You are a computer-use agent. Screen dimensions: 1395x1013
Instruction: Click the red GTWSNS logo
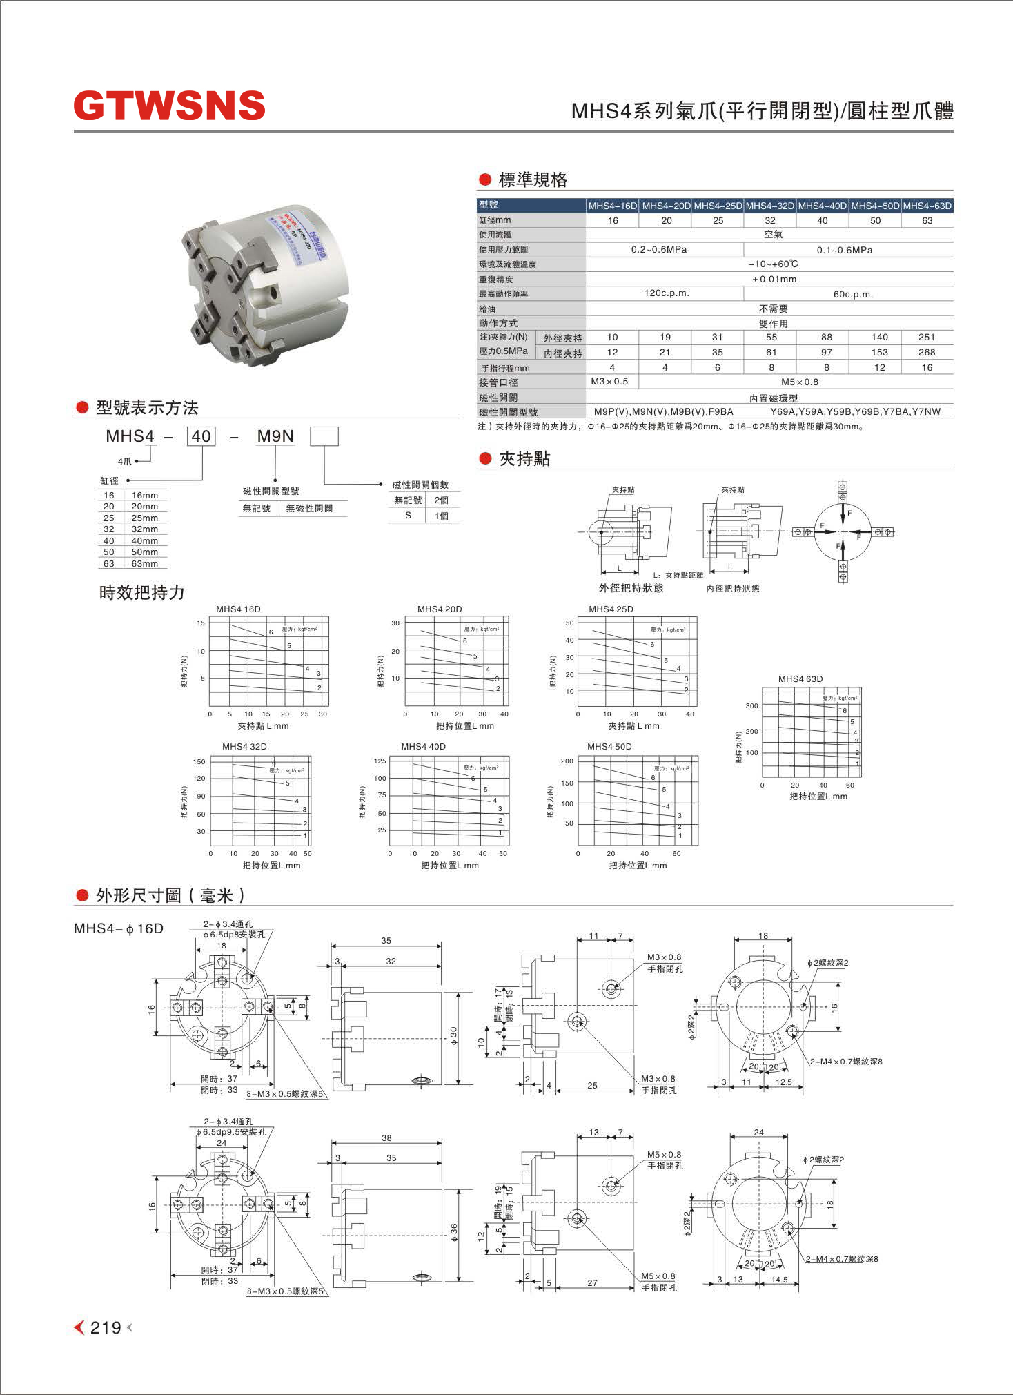coord(169,106)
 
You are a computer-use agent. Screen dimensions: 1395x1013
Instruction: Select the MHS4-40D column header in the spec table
coord(822,206)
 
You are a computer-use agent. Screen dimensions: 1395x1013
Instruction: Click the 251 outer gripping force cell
coord(926,338)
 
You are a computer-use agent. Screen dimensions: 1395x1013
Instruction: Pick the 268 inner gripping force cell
coord(926,353)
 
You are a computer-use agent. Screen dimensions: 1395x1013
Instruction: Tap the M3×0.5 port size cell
coord(610,382)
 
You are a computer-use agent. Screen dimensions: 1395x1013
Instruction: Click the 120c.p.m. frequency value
coord(667,293)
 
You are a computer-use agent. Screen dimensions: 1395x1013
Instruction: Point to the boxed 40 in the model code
coord(201,436)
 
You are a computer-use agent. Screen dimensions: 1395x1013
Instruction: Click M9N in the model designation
coord(275,436)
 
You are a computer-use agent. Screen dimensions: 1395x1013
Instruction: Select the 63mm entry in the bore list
coord(144,564)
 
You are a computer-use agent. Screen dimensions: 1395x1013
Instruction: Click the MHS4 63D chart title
coord(800,679)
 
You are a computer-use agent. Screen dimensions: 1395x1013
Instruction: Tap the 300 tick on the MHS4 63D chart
coord(751,706)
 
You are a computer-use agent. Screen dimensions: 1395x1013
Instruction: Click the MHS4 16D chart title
coord(238,609)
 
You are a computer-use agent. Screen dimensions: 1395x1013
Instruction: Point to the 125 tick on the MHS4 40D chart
coord(380,761)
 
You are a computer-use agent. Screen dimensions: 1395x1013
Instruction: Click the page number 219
coord(106,1327)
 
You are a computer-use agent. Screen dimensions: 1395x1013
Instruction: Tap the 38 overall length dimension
coord(386,1138)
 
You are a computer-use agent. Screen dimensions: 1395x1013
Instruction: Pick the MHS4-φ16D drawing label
coord(119,928)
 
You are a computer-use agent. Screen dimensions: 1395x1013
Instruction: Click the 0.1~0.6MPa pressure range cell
coord(844,250)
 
